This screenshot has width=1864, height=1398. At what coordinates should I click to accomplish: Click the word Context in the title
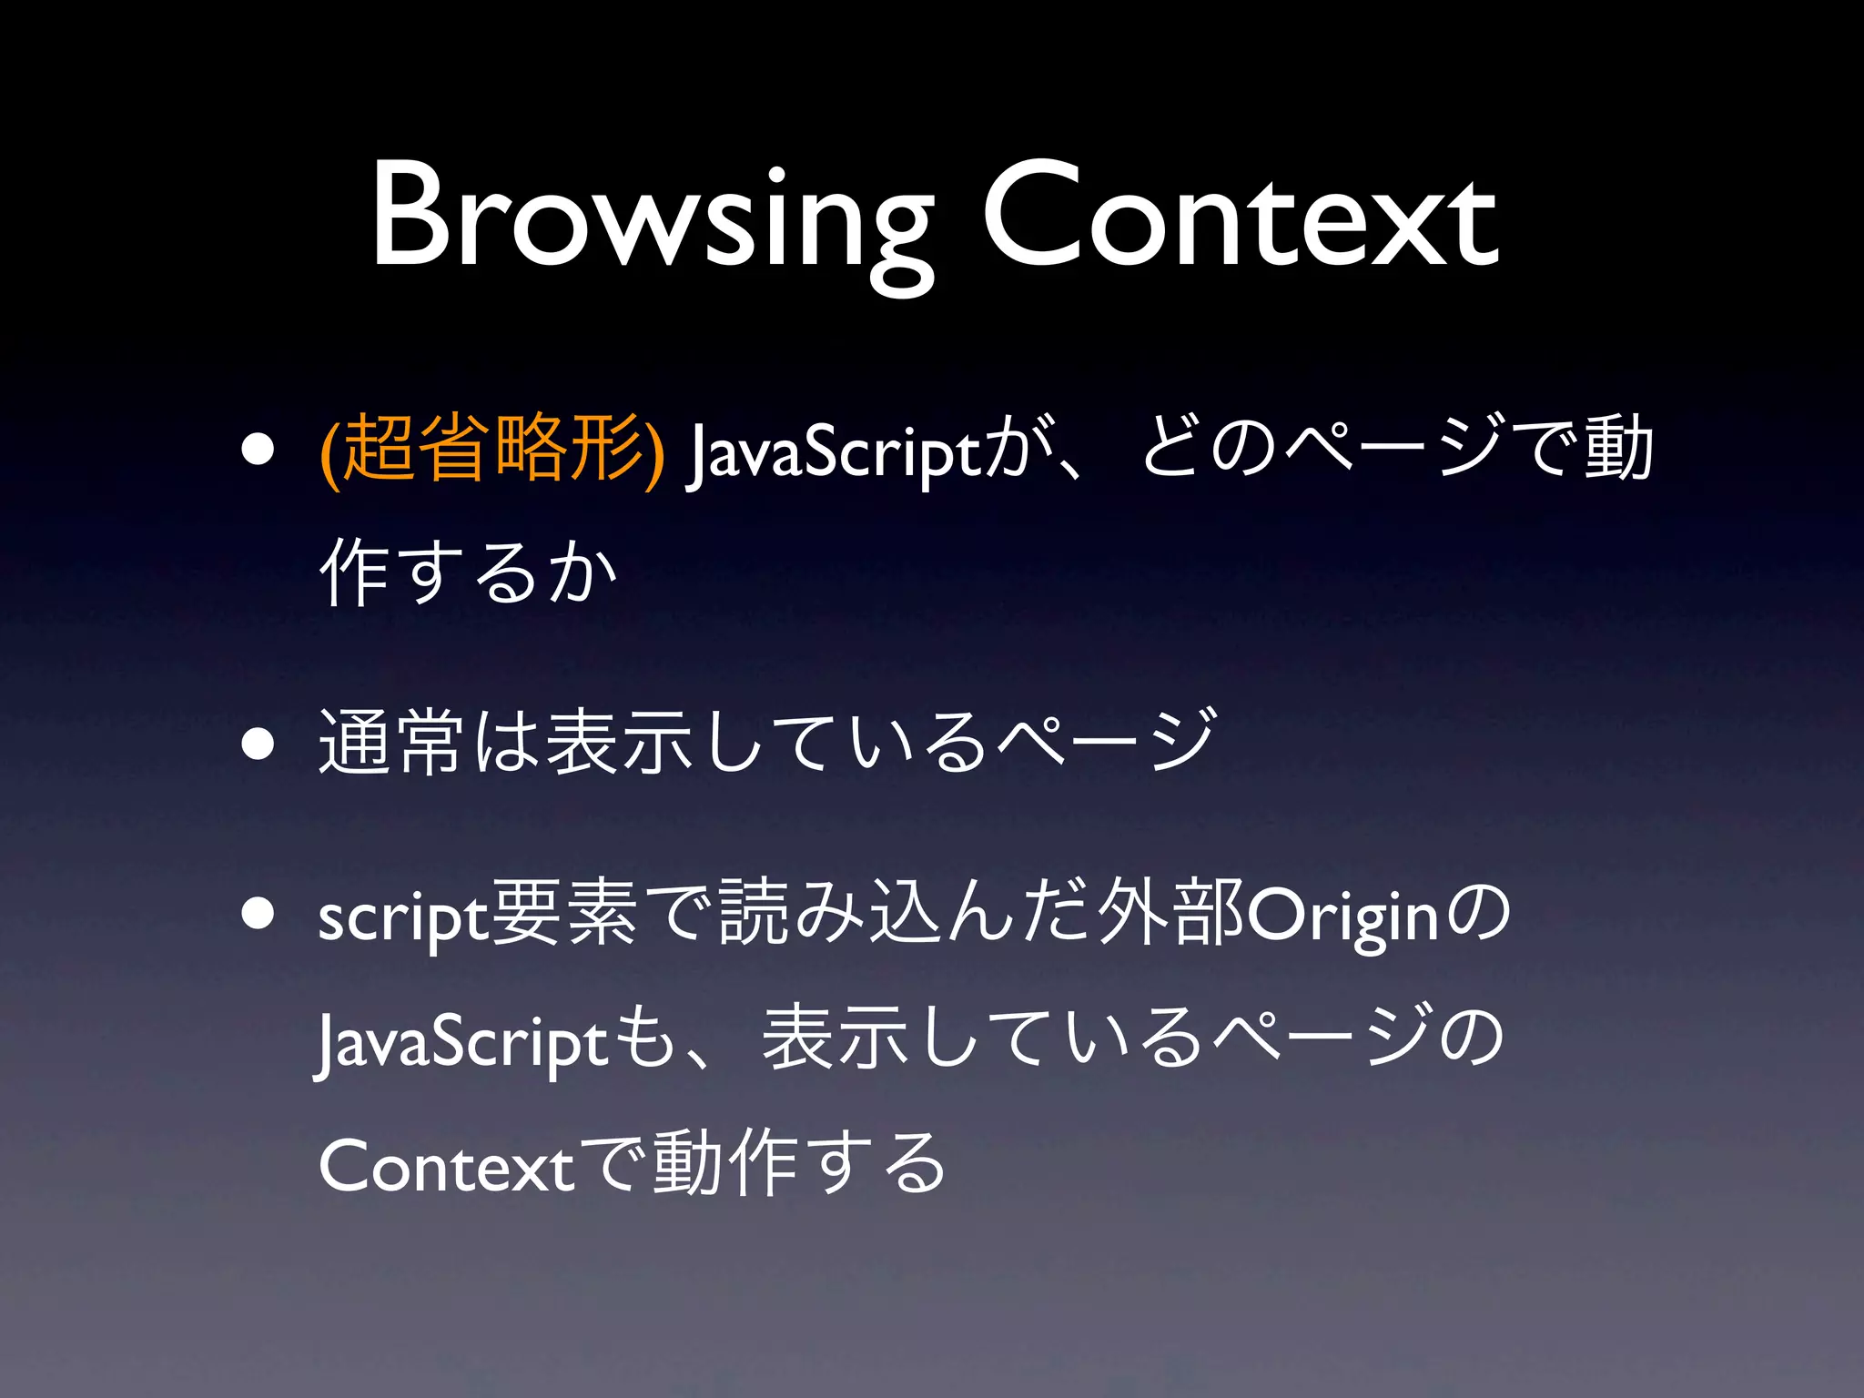click(x=1240, y=218)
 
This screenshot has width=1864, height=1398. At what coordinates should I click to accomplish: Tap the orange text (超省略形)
click(x=492, y=449)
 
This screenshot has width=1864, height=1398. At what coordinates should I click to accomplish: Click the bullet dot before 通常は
click(x=258, y=744)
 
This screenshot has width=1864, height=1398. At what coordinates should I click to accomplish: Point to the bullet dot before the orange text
click(x=258, y=449)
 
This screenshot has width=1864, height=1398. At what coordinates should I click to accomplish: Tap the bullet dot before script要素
click(x=258, y=914)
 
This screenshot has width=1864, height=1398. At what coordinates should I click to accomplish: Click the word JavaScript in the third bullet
click(x=461, y=1042)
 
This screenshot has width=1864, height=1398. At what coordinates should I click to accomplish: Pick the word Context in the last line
click(x=446, y=1167)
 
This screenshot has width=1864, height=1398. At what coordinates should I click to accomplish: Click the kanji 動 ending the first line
click(x=1617, y=447)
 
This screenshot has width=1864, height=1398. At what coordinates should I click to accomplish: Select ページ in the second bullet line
click(x=1106, y=742)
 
